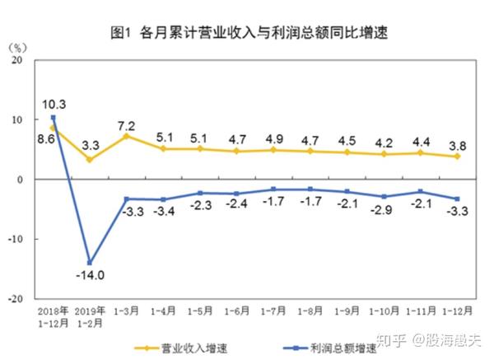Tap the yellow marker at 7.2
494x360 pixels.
click(x=127, y=136)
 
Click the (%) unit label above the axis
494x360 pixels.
click(x=18, y=46)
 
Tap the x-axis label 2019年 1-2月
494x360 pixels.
click(x=91, y=316)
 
